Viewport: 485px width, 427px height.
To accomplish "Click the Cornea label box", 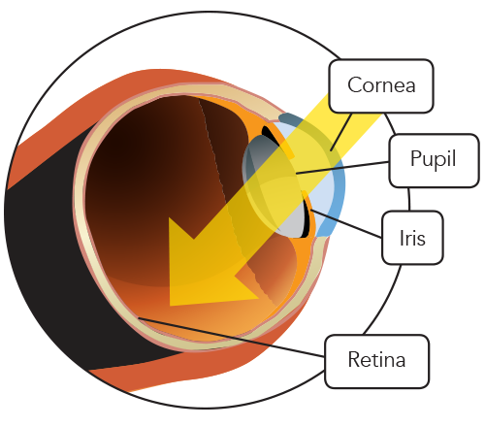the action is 381,86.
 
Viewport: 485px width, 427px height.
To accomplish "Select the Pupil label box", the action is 434,160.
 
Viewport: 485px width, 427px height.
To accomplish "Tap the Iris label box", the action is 412,238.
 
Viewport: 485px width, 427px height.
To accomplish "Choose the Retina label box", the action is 377,361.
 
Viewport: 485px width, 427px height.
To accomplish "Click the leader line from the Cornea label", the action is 341,132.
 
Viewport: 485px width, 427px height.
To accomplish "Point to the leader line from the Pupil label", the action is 342,168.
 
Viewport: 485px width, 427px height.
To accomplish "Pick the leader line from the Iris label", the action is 346,224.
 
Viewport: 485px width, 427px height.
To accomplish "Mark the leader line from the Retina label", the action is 231,338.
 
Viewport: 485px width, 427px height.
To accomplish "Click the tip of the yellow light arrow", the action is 170,306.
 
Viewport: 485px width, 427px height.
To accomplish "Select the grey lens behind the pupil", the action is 275,186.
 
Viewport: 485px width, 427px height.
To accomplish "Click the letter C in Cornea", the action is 354,85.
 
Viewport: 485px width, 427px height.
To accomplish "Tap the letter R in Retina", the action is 354,359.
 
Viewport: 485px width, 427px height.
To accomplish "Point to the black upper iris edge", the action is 271,135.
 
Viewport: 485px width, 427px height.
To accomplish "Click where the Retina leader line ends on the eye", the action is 139,317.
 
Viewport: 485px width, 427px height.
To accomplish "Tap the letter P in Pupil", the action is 416,158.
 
